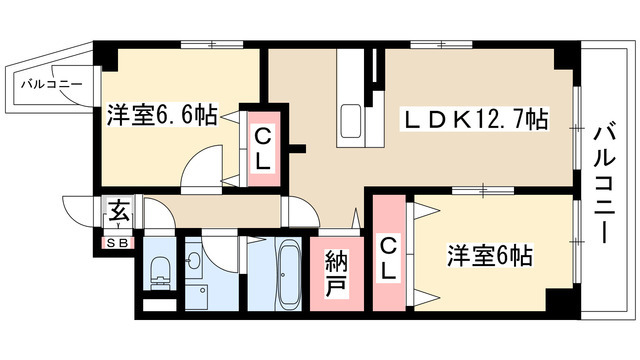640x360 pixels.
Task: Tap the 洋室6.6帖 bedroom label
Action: coord(162,116)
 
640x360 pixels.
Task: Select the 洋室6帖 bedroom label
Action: coord(488,256)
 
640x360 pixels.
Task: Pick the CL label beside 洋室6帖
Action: coord(389,256)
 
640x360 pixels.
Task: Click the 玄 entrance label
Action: coord(118,213)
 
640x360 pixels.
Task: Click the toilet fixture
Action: coord(158,268)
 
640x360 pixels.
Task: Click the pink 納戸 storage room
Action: coord(335,275)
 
